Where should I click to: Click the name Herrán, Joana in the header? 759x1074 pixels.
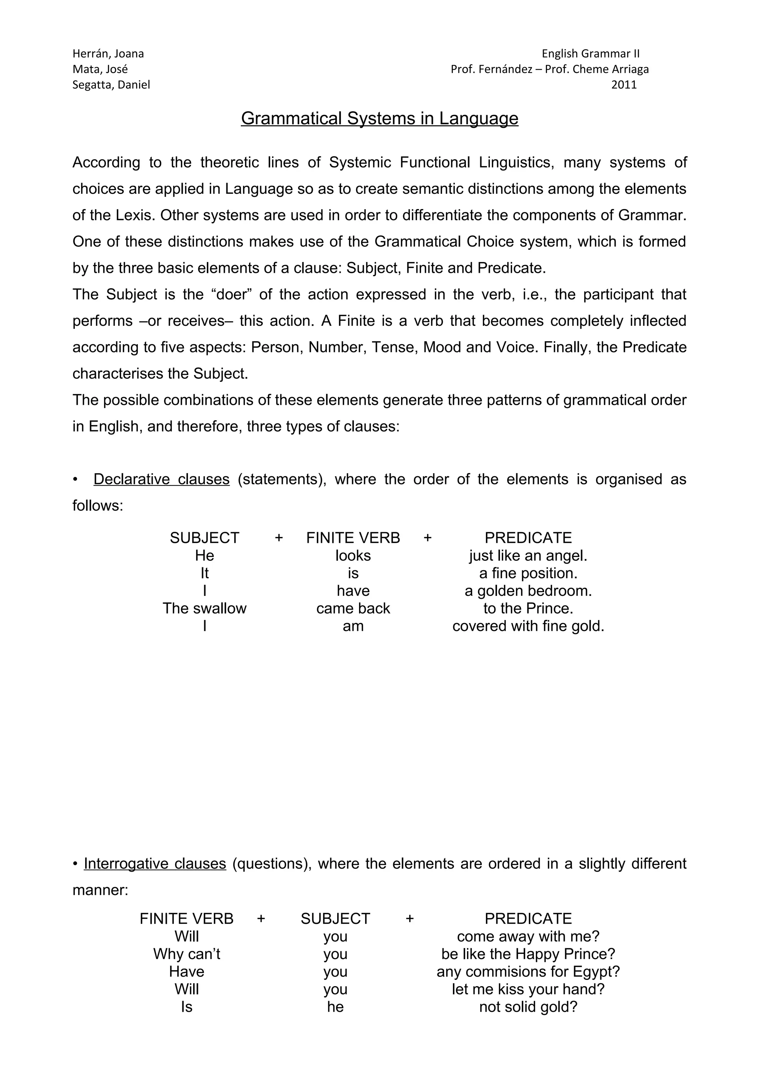pyautogui.click(x=108, y=54)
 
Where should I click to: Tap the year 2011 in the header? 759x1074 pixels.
pyautogui.click(x=624, y=84)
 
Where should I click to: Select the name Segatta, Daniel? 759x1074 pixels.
pyautogui.click(x=111, y=84)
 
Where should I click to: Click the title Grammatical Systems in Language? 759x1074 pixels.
pyautogui.click(x=379, y=118)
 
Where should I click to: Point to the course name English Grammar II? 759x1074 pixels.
pyautogui.click(x=590, y=54)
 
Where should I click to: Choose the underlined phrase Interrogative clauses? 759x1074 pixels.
pyautogui.click(x=155, y=863)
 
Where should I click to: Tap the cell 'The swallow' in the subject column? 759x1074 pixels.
pyautogui.click(x=204, y=608)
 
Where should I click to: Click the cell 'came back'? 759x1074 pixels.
pyautogui.click(x=353, y=608)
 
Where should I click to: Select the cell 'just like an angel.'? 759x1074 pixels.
pyautogui.click(x=528, y=556)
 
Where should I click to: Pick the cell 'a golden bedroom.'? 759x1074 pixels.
pyautogui.click(x=528, y=591)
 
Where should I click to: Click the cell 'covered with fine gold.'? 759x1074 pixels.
pyautogui.click(x=528, y=626)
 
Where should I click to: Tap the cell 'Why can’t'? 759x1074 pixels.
pyautogui.click(x=186, y=954)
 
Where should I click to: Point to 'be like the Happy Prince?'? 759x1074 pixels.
pyautogui.click(x=528, y=954)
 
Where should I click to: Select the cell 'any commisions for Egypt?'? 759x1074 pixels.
pyautogui.click(x=528, y=972)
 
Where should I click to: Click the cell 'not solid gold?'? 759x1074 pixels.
pyautogui.click(x=528, y=1007)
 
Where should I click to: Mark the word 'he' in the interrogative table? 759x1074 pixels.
pyautogui.click(x=335, y=1007)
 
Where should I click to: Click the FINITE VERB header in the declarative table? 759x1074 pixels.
pyautogui.click(x=353, y=538)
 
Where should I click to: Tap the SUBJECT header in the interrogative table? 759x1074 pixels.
pyautogui.click(x=335, y=919)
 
